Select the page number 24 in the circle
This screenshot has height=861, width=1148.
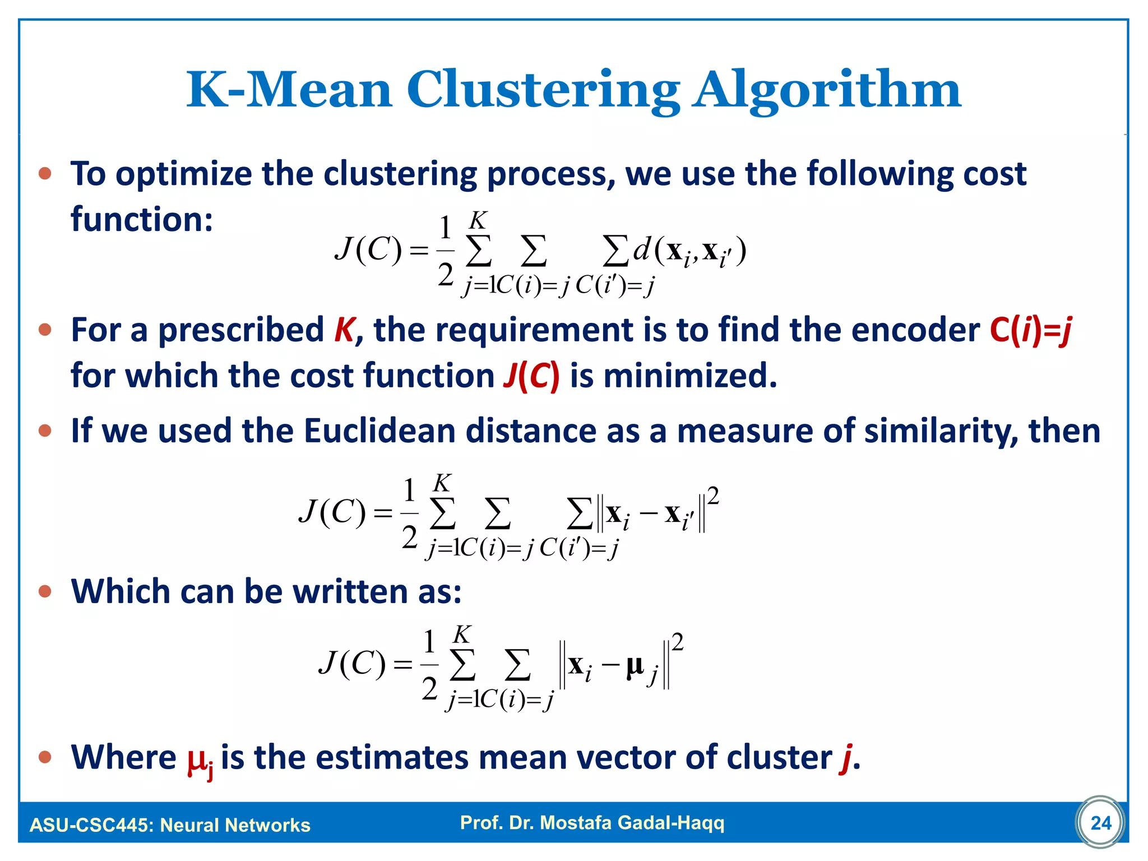[x=1101, y=823]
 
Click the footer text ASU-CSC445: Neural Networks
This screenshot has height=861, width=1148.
[x=170, y=825]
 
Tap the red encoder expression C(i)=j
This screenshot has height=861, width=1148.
[x=1030, y=330]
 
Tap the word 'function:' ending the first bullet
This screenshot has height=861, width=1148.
[x=142, y=219]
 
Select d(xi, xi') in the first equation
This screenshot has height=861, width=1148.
[x=689, y=252]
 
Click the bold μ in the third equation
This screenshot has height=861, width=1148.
[x=635, y=665]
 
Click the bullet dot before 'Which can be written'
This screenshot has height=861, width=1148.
[x=45, y=591]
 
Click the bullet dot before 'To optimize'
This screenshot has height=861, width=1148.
[x=45, y=174]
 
